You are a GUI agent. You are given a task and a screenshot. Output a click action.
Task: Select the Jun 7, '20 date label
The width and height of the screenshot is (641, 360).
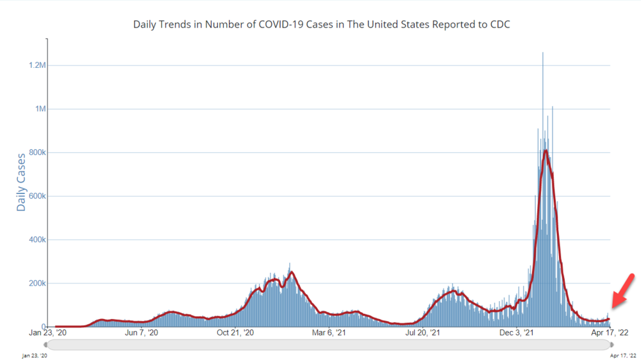click(141, 333)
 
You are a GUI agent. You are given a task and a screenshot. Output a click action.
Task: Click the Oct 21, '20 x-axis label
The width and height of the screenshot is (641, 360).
click(235, 333)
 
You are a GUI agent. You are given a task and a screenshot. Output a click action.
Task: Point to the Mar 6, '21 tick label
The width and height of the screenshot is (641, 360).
click(329, 333)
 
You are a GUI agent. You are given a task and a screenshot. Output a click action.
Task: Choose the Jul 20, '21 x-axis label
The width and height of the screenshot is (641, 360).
click(423, 333)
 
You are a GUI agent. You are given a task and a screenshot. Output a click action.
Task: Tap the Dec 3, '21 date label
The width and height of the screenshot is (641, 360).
click(517, 333)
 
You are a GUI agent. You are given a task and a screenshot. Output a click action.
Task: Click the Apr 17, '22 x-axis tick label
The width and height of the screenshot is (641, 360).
click(609, 333)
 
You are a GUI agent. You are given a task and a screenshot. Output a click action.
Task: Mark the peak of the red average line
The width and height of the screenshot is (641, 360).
click(545, 151)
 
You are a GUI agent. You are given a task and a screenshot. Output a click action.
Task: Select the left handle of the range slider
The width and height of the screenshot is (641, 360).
click(45, 345)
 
